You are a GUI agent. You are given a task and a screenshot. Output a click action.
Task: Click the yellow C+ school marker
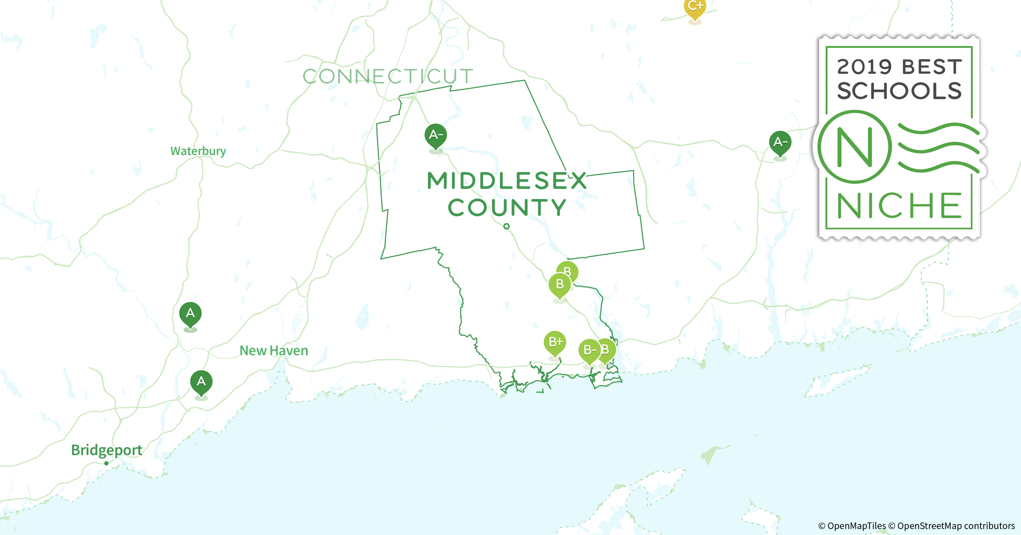695,8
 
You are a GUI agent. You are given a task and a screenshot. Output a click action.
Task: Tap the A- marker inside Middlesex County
436,135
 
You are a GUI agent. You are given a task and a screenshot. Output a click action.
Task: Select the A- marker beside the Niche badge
780,142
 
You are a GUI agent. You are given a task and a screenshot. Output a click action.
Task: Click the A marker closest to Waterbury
190,314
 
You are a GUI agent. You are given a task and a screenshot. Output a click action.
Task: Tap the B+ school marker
555,342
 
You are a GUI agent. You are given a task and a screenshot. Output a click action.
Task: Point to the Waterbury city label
198,151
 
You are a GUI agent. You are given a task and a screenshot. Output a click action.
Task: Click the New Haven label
274,351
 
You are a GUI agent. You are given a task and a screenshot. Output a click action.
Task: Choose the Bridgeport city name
107,450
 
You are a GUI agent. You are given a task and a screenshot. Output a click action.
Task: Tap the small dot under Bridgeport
106,463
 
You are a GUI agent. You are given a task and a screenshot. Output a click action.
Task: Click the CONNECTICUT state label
388,76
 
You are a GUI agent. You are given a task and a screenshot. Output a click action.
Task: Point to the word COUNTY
507,207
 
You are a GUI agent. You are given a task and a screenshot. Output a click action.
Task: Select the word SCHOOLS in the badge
899,91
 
